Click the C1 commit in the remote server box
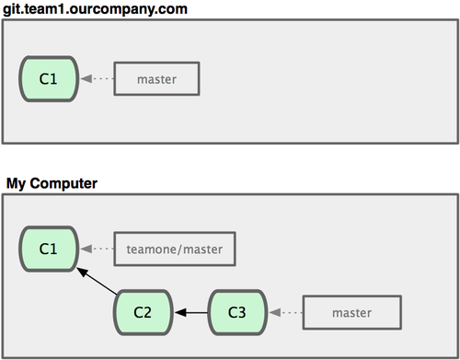49,79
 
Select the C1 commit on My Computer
49,249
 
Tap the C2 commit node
144,312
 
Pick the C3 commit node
237,312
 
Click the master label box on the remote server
156,79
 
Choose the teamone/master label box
175,249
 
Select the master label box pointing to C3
352,313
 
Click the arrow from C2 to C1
97,281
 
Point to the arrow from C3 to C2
191,313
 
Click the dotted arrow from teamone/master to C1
97,249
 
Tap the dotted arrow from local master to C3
286,313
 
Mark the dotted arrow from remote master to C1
97,78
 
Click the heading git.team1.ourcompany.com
95,9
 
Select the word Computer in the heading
63,183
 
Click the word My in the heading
16,184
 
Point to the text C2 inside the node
143,312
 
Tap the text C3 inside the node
237,312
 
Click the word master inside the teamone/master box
203,250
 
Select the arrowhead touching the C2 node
180,313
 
